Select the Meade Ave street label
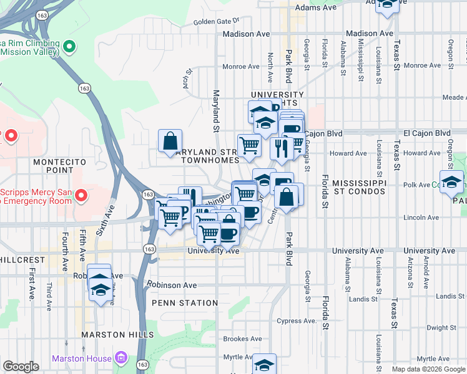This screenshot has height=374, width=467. [x=453, y=97]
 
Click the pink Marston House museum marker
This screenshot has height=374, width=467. [x=121, y=358]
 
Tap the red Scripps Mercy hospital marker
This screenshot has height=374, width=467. [x=81, y=196]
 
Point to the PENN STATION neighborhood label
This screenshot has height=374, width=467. [x=185, y=303]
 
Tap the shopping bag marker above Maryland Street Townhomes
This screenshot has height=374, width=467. [x=170, y=141]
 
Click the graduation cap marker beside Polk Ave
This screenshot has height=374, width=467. [x=451, y=182]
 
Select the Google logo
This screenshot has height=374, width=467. [x=21, y=367]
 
